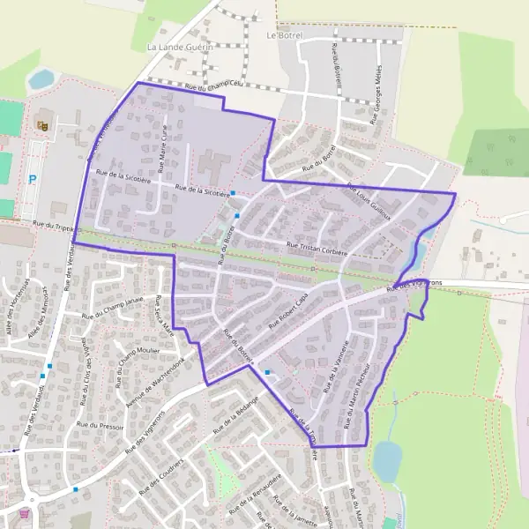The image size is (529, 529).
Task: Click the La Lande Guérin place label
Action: pos(180,46)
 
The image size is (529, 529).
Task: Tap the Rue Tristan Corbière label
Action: pos(317,247)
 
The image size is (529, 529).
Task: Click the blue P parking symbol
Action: pos(33,179)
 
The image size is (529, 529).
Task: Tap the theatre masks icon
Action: pos(41,125)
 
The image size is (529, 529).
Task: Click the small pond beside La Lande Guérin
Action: pos(41,80)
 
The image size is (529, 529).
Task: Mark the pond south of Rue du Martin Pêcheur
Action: pos(386,458)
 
